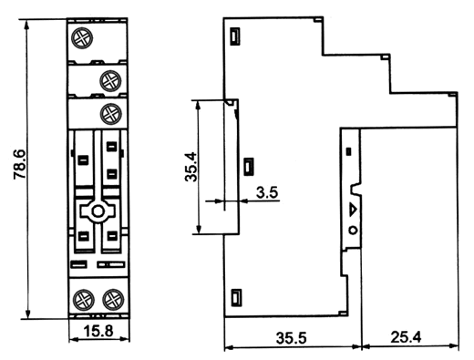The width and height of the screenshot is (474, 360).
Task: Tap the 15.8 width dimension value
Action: pyautogui.click(x=98, y=332)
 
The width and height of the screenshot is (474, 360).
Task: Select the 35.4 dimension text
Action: pyautogui.click(x=191, y=167)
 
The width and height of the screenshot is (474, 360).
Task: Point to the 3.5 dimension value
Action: pyautogui.click(x=267, y=192)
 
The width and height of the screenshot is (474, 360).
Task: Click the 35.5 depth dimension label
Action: pyautogui.click(x=292, y=338)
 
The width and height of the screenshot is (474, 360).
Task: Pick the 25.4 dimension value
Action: pyautogui.click(x=407, y=337)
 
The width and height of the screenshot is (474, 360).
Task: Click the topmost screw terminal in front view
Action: pyautogui.click(x=82, y=38)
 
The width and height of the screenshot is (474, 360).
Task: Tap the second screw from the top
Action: pyautogui.click(x=110, y=81)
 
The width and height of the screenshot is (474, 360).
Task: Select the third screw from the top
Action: pyautogui.click(x=111, y=114)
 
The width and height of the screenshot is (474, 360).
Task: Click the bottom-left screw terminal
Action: pyautogui.click(x=84, y=300)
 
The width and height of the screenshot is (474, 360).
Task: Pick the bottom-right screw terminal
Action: pyautogui.click(x=113, y=300)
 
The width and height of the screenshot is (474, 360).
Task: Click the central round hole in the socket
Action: pyautogui.click(x=98, y=211)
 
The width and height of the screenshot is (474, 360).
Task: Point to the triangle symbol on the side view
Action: pyautogui.click(x=353, y=210)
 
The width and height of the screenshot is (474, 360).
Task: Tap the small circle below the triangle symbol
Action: pyautogui.click(x=353, y=231)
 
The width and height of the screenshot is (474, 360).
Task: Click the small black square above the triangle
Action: pyautogui.click(x=349, y=151)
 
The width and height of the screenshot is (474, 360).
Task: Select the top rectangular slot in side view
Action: pyautogui.click(x=235, y=36)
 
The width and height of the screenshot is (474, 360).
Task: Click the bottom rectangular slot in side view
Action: pyautogui.click(x=236, y=297)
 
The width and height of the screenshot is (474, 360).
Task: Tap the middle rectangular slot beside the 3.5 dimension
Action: pyautogui.click(x=249, y=167)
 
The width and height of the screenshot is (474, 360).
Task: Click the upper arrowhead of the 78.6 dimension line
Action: pyautogui.click(x=27, y=25)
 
